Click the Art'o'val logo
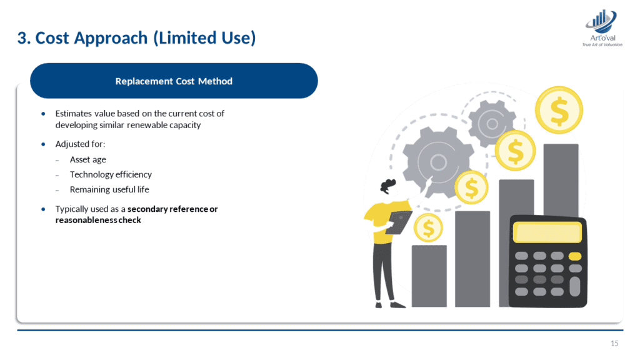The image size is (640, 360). point(602,28)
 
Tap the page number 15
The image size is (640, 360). point(614,343)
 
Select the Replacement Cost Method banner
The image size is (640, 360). point(174,81)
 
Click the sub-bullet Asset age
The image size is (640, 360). point(87,159)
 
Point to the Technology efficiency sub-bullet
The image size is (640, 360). point(111,175)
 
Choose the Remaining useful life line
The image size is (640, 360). point(109,189)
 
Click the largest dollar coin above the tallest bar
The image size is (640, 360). point(559,110)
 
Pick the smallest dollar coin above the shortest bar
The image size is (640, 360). point(428,227)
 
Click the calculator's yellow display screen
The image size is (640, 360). point(547,232)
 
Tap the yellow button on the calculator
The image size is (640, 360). point(575,256)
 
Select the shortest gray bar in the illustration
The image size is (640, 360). point(429,276)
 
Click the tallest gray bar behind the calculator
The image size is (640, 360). point(561,179)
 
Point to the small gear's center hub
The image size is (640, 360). point(492,124)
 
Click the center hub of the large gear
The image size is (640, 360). point(438,162)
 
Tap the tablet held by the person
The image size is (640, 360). point(399,222)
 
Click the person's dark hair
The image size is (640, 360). point(387,185)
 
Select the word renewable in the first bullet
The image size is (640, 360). point(147,125)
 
